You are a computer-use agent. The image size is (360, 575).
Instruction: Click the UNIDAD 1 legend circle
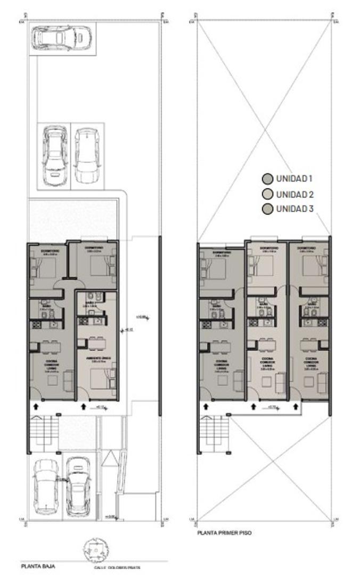pos(267,179)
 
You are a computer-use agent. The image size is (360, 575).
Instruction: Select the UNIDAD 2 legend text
pos(294,194)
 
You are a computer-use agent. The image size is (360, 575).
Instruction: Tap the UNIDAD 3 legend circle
pos(267,209)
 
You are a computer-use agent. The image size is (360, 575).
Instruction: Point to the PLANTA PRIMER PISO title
pos(224,532)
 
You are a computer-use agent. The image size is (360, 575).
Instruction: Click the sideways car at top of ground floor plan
pos(61,38)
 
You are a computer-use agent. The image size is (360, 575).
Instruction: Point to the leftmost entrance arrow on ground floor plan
pos(36,407)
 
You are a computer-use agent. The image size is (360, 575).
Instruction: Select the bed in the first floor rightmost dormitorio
pos(310,265)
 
